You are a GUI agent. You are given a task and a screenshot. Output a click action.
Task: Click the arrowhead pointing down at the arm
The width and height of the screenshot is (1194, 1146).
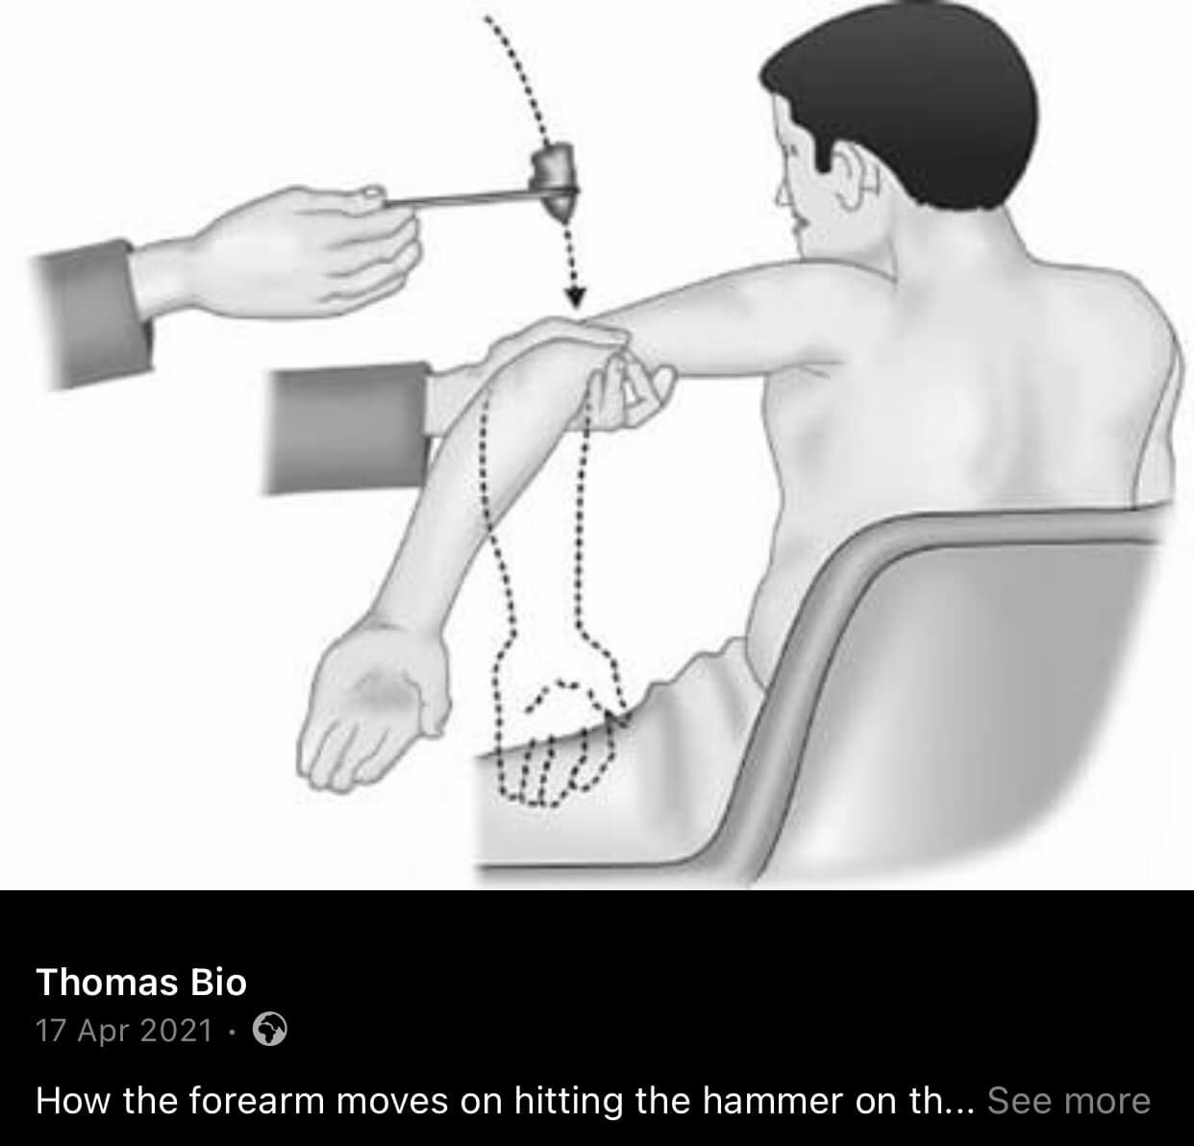pyautogui.click(x=574, y=296)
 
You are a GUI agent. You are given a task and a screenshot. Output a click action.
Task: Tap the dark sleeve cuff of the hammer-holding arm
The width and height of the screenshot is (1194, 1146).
pyautogui.click(x=92, y=312)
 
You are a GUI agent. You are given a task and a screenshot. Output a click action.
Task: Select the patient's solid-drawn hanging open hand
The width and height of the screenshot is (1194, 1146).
pyautogui.click(x=373, y=711)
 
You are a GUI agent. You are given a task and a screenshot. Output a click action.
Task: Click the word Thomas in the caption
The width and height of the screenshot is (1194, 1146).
pyautogui.click(x=107, y=983)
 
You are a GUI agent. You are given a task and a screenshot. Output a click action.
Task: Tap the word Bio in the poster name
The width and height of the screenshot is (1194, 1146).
pyautogui.click(x=218, y=983)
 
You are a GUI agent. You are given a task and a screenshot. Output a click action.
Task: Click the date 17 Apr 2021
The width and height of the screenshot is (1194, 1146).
pyautogui.click(x=124, y=1030)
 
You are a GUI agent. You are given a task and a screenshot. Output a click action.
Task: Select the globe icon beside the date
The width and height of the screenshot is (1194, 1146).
pyautogui.click(x=270, y=1029)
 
